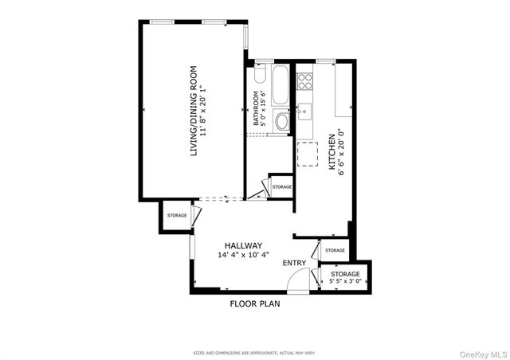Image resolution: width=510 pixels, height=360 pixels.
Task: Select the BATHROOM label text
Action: [257, 109]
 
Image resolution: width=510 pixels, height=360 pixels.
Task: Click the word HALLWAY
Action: [243, 245]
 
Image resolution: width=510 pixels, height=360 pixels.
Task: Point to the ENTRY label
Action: [294, 264]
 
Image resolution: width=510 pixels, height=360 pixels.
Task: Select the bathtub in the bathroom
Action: [281, 86]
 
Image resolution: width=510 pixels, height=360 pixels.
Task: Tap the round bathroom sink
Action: [282, 122]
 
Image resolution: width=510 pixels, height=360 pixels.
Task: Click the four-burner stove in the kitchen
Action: [305, 80]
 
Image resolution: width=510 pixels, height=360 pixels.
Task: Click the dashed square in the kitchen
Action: [308, 154]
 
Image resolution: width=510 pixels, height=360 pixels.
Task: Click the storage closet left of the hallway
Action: [177, 215]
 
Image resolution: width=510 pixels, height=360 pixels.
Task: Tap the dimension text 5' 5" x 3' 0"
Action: [346, 281]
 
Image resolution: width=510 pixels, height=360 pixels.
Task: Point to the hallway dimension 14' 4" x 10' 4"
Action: [243, 255]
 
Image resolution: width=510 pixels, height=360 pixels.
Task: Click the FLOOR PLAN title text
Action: [255, 303]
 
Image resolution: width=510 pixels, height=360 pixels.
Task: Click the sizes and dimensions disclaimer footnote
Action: [254, 352]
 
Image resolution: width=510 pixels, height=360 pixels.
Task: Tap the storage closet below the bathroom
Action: [281, 187]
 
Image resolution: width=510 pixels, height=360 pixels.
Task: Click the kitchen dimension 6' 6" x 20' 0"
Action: [341, 151]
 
